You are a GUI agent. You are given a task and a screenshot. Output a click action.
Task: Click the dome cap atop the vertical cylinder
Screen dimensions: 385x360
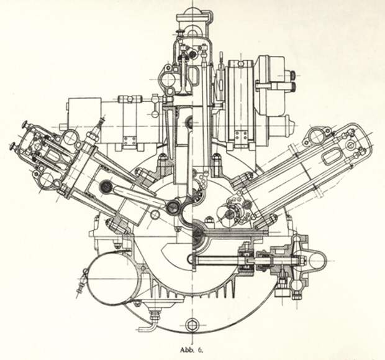point(193,11)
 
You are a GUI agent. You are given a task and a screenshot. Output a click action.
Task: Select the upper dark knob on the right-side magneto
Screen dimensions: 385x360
point(292,75)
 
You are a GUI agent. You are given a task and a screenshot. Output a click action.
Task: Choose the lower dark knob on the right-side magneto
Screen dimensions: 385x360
point(292,86)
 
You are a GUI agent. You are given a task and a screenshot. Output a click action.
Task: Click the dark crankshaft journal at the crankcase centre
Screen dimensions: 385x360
point(197,234)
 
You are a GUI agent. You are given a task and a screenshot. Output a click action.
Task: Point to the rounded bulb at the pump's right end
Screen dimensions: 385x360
point(318,260)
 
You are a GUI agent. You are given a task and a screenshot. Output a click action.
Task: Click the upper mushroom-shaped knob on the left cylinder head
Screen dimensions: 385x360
point(25,125)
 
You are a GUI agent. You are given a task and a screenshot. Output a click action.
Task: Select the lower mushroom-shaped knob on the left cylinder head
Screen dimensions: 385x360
point(14,145)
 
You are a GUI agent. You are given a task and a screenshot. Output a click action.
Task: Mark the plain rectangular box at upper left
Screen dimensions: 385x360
point(84,111)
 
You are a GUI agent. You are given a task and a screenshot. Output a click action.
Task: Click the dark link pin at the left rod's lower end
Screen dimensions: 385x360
point(171,207)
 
